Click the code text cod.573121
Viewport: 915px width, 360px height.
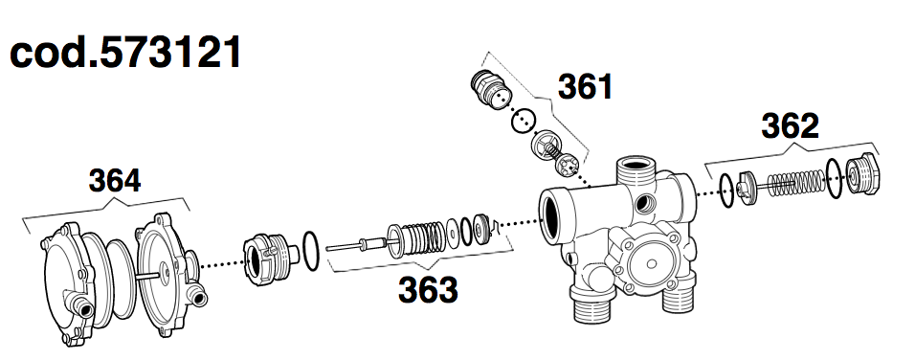(x=125, y=53)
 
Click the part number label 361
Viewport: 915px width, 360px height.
(x=585, y=86)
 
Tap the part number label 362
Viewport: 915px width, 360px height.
(x=790, y=125)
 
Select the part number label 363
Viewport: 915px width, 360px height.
(x=428, y=288)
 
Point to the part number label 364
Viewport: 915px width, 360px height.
(x=115, y=179)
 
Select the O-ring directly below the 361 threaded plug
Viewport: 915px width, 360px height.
(x=522, y=122)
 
